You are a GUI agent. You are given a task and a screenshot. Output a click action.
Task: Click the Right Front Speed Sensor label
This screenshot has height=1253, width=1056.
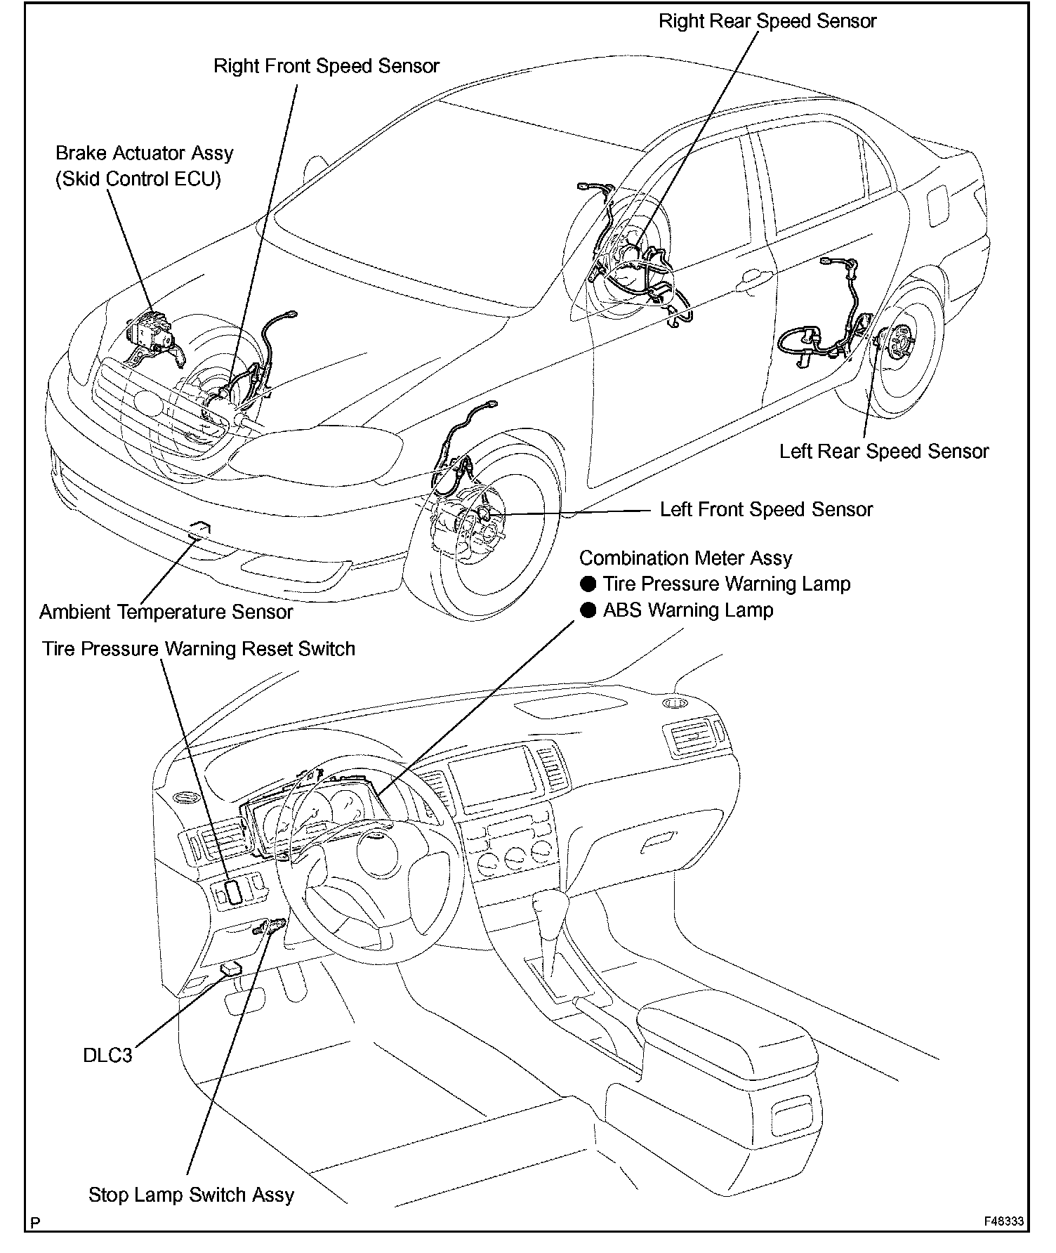(326, 66)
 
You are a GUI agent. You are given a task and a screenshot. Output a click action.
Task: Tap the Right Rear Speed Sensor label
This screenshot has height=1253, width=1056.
(767, 21)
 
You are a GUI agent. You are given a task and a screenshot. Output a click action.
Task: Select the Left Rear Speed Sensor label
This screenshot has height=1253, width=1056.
(883, 451)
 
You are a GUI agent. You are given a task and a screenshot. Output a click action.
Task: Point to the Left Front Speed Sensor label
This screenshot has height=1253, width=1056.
(766, 509)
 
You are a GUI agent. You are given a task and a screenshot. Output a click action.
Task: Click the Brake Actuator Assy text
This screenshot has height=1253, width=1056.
(144, 153)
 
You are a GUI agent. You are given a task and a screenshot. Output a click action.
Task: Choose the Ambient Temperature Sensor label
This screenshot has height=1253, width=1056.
(166, 612)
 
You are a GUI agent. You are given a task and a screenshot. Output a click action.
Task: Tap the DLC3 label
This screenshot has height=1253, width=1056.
(107, 1055)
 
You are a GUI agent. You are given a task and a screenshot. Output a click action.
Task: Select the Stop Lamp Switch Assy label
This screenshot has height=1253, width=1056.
(191, 1195)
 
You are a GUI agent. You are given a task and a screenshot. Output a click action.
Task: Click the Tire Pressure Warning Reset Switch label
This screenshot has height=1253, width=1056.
(199, 648)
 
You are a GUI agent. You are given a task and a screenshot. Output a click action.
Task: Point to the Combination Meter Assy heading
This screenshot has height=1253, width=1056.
(685, 558)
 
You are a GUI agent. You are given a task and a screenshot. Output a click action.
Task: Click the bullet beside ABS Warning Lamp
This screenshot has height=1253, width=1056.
(588, 610)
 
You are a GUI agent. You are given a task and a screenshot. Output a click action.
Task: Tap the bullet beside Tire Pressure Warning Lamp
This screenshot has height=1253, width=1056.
(588, 584)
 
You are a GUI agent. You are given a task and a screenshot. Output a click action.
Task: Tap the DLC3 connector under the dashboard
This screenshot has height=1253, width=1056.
(230, 969)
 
